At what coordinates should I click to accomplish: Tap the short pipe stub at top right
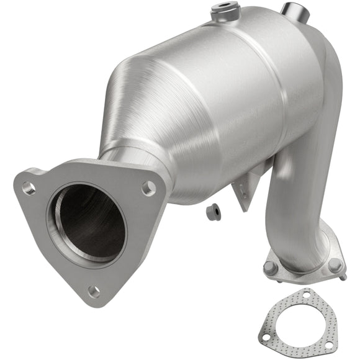click(293, 11)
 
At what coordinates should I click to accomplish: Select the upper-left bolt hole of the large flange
click(28, 187)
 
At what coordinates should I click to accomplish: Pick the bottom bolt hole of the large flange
click(93, 290)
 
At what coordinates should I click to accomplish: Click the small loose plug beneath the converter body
click(213, 211)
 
